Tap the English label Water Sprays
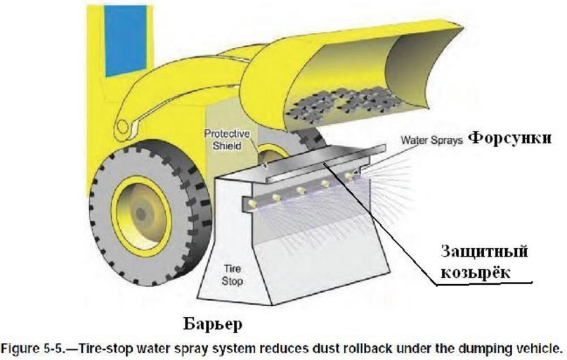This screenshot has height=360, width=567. (431, 140)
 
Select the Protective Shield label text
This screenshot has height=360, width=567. (223, 139)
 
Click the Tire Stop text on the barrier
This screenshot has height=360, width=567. (233, 275)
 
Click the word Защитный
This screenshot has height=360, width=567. (483, 252)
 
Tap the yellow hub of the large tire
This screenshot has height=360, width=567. (141, 212)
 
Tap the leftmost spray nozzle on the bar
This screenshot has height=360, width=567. (276, 200)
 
